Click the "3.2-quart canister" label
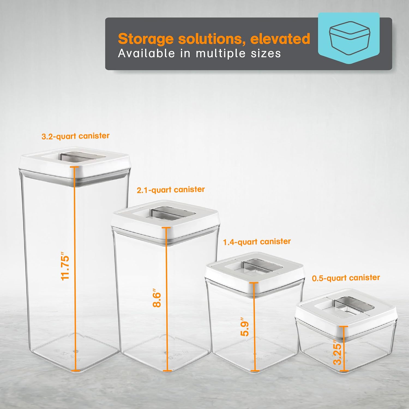pyautogui.click(x=76, y=136)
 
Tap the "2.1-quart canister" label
pyautogui.click(x=171, y=190)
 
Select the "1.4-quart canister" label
pyautogui.click(x=257, y=242)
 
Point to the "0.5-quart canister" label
pyautogui.click(x=346, y=278)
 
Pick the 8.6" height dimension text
pyautogui.click(x=157, y=298)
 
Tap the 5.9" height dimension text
pyautogui.click(x=245, y=326)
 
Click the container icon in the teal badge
pyautogui.click(x=349, y=38)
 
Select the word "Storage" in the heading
pyautogui.click(x=146, y=39)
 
